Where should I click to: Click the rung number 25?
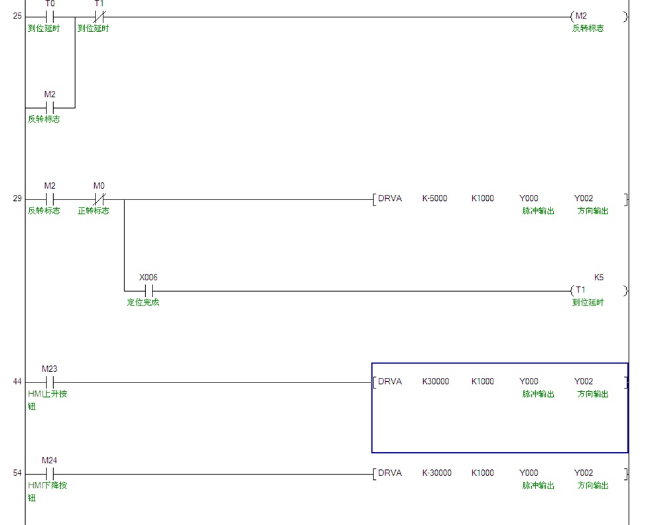(x=17, y=16)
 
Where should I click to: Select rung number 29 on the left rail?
(x=17, y=198)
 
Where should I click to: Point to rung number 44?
(x=17, y=382)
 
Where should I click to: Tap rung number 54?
(x=17, y=473)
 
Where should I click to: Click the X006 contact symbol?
(x=149, y=290)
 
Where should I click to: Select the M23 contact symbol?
(x=50, y=382)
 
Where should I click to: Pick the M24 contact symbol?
(x=50, y=473)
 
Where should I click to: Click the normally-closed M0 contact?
(x=99, y=198)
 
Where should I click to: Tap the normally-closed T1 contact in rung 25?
(x=99, y=16)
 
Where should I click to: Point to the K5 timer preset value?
(x=599, y=277)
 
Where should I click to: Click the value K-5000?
(x=434, y=198)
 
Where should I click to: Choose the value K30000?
(x=435, y=382)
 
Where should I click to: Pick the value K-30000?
(x=436, y=473)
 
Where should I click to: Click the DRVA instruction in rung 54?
(x=389, y=473)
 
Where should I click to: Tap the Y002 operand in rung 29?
(x=584, y=198)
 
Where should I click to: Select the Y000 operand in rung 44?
(x=529, y=382)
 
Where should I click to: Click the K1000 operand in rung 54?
(x=482, y=473)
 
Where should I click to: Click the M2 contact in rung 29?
(x=50, y=198)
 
